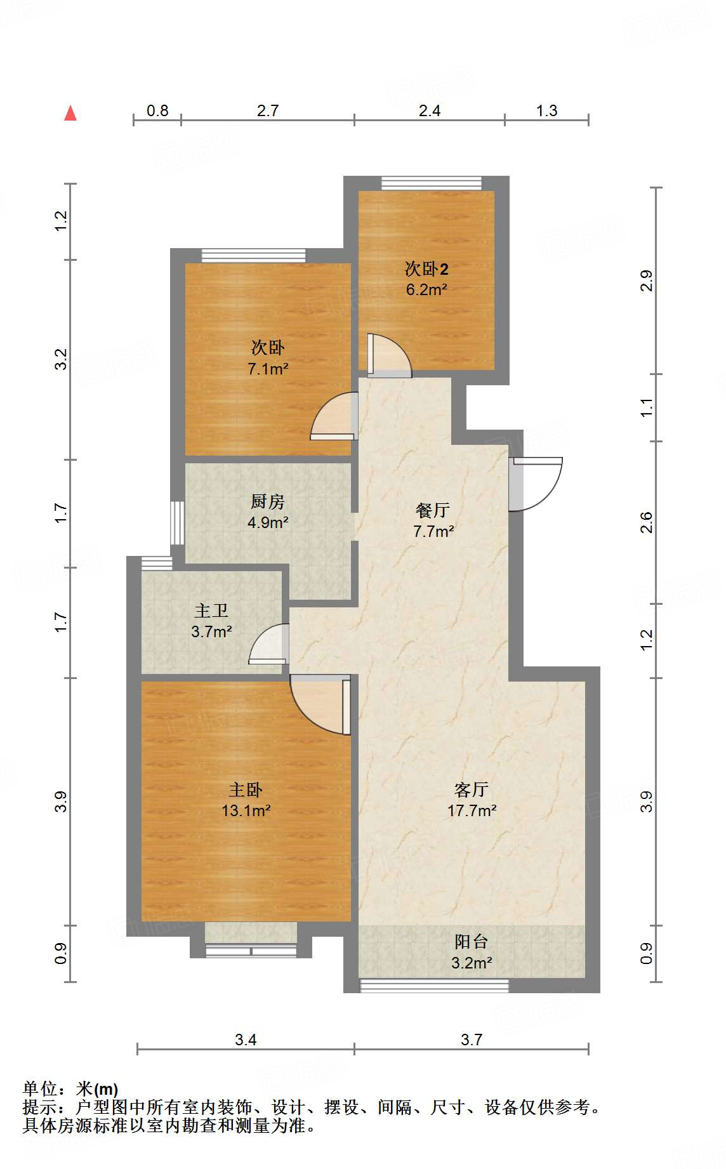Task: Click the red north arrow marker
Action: tap(70, 114)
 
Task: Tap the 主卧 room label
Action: tap(245, 790)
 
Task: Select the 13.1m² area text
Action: tap(246, 810)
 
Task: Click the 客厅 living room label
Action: tap(471, 789)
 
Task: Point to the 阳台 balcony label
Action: tap(471, 942)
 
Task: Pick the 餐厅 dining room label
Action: tap(433, 510)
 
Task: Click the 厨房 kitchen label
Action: tap(267, 502)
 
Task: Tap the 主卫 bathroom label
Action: tap(211, 611)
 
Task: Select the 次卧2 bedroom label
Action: tap(426, 269)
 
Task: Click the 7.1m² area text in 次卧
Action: tap(268, 368)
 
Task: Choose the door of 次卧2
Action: tap(388, 356)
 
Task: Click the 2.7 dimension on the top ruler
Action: tap(268, 110)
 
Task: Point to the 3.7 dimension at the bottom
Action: tap(472, 1040)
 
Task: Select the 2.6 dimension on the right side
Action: tap(646, 522)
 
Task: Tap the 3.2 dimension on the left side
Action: tap(60, 359)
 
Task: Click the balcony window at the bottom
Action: tap(435, 986)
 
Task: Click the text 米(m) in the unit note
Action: tap(96, 1089)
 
